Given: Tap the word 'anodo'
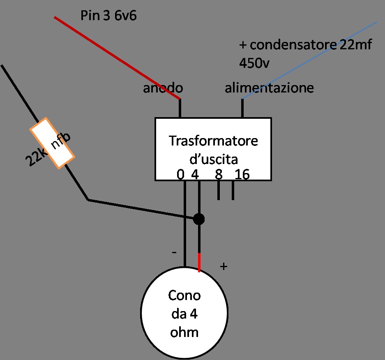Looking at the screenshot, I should coord(163,88).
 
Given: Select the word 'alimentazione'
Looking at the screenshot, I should coord(269,88).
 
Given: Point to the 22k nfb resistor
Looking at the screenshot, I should coord(52,143).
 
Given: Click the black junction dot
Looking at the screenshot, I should coord(199,219).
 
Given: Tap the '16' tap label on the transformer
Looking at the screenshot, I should coord(242,175).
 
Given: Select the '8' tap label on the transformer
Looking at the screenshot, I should coord(219,175).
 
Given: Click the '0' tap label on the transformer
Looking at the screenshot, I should coord(180,175).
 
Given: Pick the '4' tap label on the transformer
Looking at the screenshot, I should coord(195,175).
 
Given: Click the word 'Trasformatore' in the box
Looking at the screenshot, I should coord(213,141).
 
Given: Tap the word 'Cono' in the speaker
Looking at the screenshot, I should coord(184,295).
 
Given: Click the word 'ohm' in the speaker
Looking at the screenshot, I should coord(184,331).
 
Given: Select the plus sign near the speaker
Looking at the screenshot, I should coord(224,266).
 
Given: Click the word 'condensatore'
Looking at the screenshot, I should coord(293,46).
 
